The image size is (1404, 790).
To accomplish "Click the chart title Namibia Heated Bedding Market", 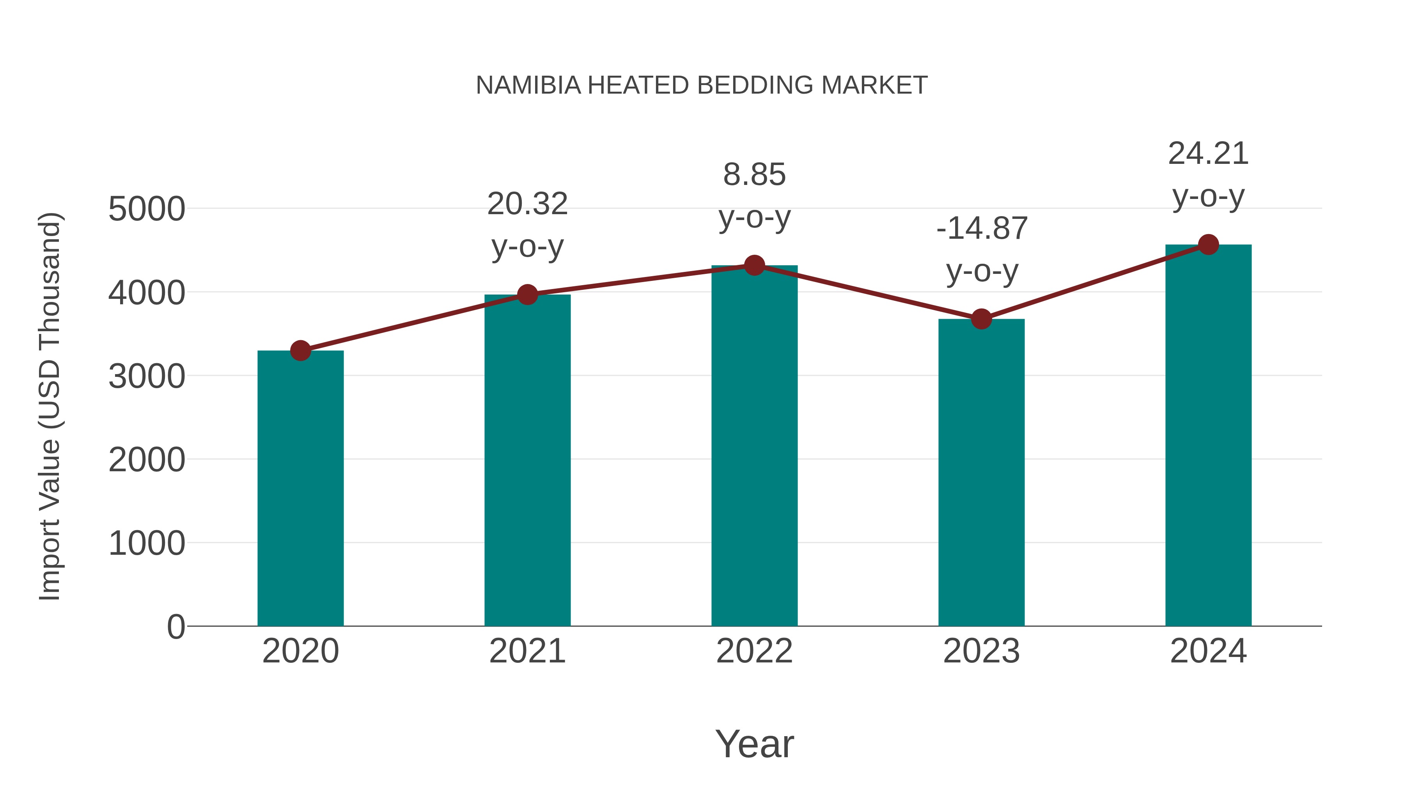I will click(x=702, y=85).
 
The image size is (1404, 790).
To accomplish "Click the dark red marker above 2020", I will click(x=300, y=351).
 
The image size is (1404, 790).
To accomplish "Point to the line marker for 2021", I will click(x=527, y=295).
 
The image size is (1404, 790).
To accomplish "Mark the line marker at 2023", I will click(x=981, y=319).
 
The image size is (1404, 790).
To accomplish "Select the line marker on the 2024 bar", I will click(x=1208, y=245).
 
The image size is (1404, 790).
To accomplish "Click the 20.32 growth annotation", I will click(x=527, y=204).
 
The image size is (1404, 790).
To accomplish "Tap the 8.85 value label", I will click(x=754, y=175).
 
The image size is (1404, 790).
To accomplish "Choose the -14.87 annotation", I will click(x=982, y=229).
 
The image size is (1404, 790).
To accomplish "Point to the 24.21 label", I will click(x=1208, y=154).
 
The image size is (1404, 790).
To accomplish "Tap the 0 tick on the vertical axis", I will click(x=175, y=627).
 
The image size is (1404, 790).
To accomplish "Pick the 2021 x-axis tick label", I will click(x=527, y=651).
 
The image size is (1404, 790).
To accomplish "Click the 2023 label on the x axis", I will click(x=981, y=651).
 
